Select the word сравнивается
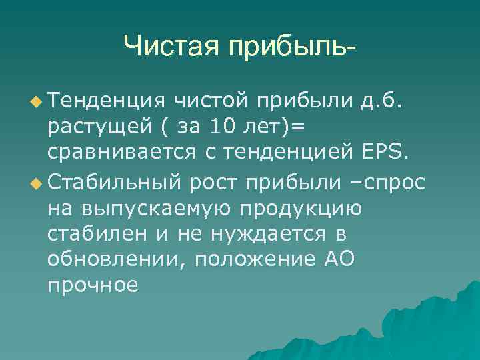pos(121,155)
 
